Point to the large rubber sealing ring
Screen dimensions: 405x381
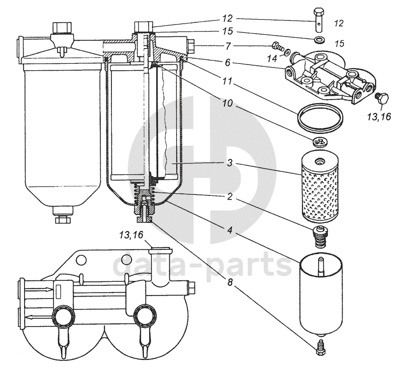pos(320,118)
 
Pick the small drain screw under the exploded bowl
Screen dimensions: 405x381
pos(322,347)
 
